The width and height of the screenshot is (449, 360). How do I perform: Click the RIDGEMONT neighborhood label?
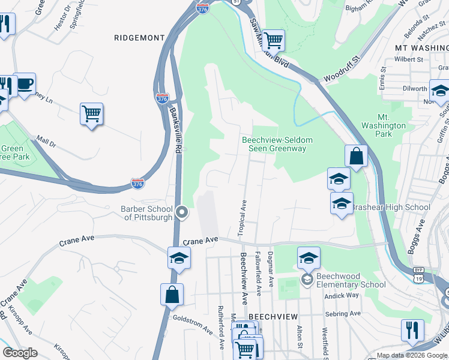click(x=139, y=37)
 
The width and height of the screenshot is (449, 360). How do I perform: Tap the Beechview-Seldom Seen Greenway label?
click(x=277, y=144)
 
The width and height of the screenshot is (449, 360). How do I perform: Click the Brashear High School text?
click(x=391, y=208)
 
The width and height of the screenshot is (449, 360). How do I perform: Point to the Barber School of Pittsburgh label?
click(x=147, y=213)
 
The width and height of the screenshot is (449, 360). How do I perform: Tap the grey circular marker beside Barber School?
click(x=183, y=212)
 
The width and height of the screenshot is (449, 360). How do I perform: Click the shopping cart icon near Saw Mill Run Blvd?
click(x=273, y=41)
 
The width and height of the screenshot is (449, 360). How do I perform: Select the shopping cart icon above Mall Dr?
click(x=91, y=113)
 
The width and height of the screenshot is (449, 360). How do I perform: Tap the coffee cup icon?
click(x=25, y=84)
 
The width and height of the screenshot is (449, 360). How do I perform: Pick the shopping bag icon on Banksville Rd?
click(x=172, y=295)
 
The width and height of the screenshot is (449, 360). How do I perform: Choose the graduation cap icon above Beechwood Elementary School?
click(x=309, y=259)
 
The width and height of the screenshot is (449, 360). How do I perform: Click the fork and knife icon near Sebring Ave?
click(x=412, y=329)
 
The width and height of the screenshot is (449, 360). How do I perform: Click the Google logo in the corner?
click(x=20, y=353)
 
